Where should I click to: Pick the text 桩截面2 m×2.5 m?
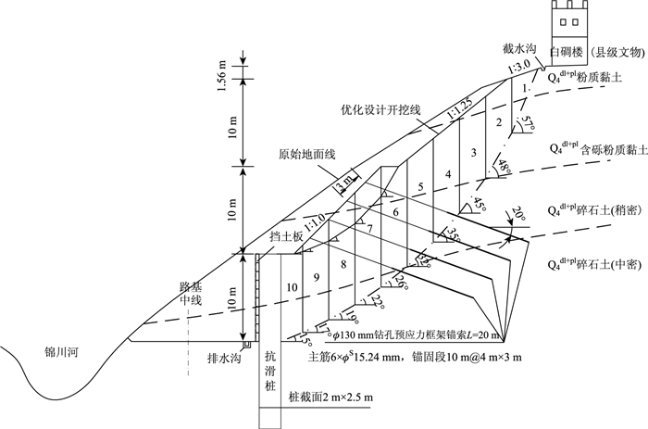pos(330,397)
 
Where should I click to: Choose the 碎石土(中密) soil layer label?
pos(597,265)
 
